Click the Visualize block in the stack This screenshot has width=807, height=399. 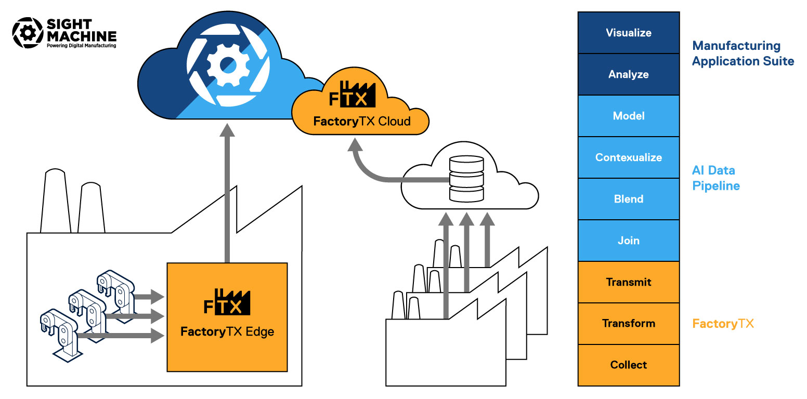628,33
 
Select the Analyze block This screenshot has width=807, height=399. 628,74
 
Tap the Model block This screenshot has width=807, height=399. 628,116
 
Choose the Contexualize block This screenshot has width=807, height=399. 628,157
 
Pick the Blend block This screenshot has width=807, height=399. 628,199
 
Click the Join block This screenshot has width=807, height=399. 628,241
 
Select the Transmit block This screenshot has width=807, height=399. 628,282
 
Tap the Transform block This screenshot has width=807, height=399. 628,324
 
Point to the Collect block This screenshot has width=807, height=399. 628,365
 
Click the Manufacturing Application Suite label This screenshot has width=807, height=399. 743,54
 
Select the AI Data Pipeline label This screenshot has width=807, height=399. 716,178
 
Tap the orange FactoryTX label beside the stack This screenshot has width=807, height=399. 723,324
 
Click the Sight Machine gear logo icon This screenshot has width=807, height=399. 27,33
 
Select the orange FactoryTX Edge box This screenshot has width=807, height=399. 227,317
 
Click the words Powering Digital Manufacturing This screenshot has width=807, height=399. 81,46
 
